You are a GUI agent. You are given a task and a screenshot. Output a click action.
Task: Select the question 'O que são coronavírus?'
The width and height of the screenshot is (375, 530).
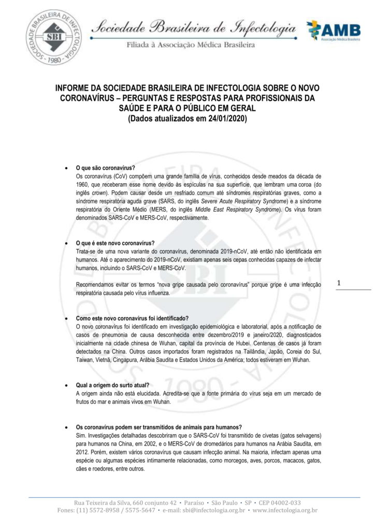coord(106,168)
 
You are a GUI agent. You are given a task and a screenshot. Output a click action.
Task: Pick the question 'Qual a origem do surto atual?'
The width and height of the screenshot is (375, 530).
coord(112,386)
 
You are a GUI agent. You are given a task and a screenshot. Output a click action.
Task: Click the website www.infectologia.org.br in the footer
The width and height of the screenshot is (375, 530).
coord(285,510)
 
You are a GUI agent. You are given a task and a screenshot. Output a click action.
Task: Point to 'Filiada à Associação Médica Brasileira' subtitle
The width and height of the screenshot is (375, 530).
coord(191,45)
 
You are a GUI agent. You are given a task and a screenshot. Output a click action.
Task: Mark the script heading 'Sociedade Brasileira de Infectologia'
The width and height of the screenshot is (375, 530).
coord(194,28)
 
